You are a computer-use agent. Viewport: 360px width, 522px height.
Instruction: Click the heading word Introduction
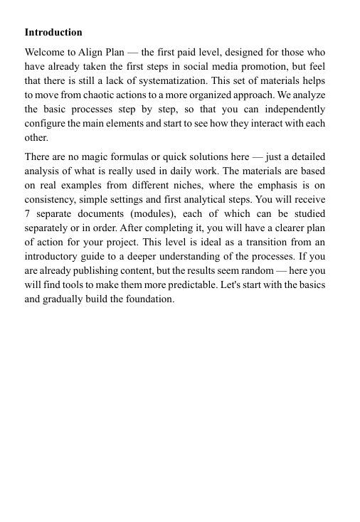53,33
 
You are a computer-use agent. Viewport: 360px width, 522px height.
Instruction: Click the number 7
27,213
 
